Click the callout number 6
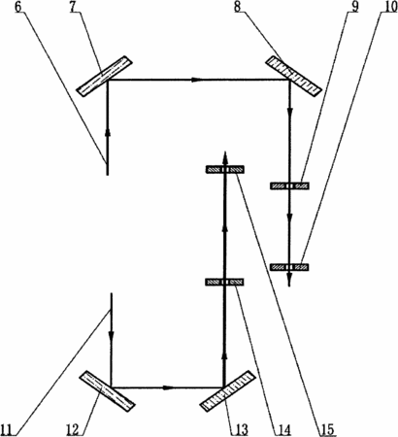(x=19, y=7)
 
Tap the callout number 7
(x=74, y=7)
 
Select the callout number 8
(x=238, y=7)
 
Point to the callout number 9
(x=355, y=7)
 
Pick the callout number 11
(x=9, y=429)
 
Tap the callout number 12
(x=73, y=429)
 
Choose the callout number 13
(x=240, y=429)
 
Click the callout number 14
(x=282, y=429)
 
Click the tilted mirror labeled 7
(x=105, y=77)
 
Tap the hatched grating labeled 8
(x=294, y=76)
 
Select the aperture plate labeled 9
(x=289, y=185)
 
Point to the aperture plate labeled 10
(x=289, y=267)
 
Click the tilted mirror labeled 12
(x=107, y=391)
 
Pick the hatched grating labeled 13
(x=228, y=391)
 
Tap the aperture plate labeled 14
(x=225, y=282)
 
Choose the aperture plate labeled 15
(x=225, y=169)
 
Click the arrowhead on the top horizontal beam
(x=196, y=80)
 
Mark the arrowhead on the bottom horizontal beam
(x=168, y=387)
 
